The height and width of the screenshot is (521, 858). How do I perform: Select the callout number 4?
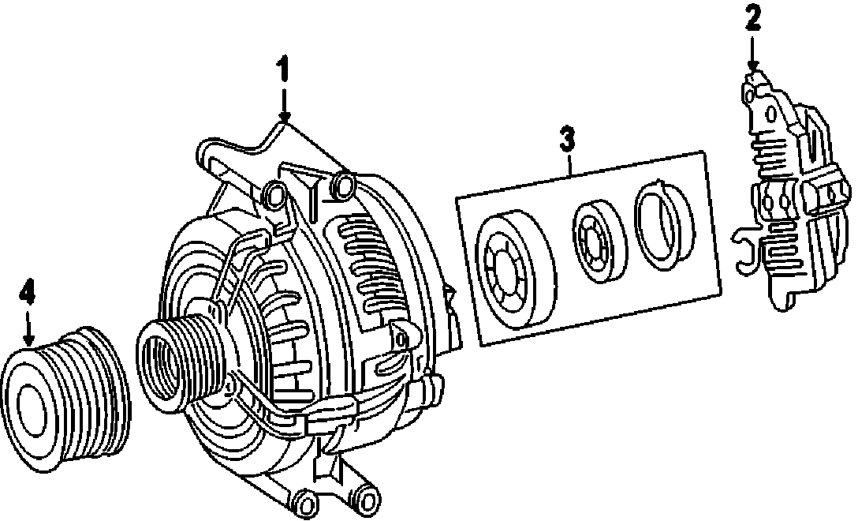coord(28,294)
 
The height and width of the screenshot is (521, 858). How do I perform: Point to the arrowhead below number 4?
coord(28,338)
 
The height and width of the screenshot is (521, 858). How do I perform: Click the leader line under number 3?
coord(568,161)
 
